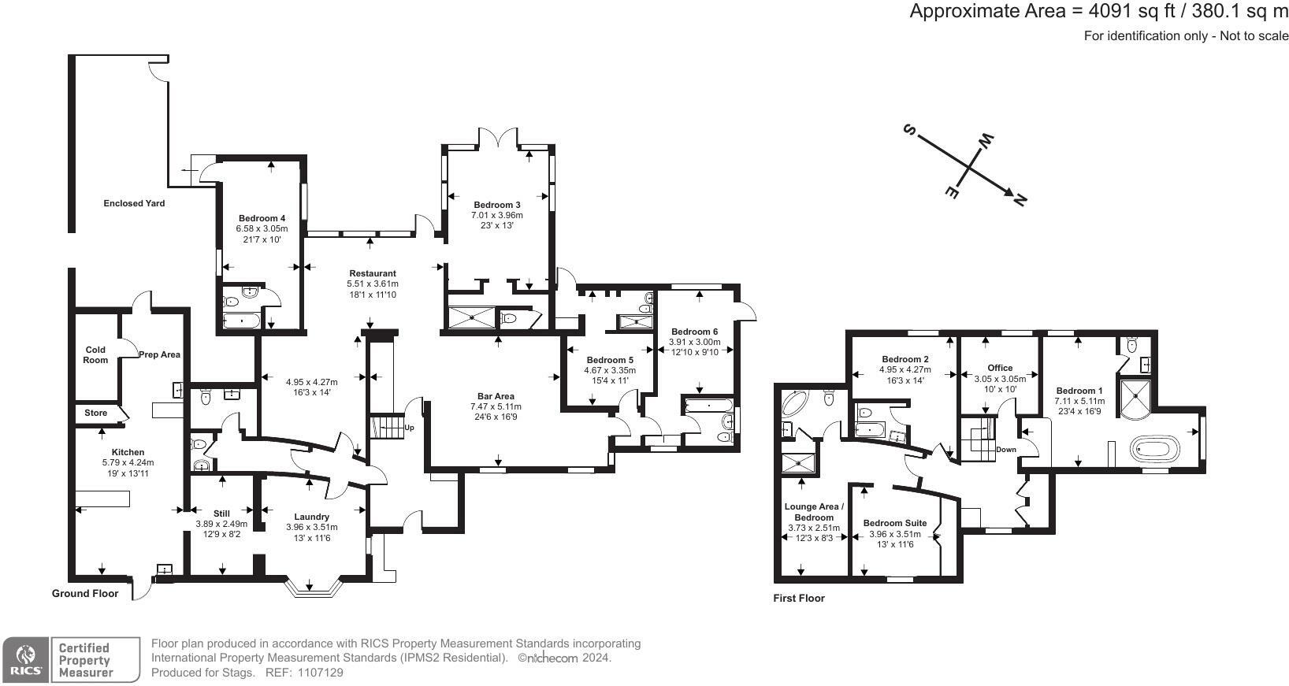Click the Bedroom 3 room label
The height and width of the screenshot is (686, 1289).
[496, 205]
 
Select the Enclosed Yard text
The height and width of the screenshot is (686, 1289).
[134, 203]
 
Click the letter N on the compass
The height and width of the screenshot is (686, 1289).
[1020, 201]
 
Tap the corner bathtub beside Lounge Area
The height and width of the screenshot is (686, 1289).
[794, 405]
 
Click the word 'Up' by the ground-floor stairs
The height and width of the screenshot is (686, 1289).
[409, 428]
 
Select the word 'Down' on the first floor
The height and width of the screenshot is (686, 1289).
[1006, 450]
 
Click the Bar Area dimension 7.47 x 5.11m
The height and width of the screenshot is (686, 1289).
[496, 406]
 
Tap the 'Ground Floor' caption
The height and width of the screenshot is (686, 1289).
[85, 593]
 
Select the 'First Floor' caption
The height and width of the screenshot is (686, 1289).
[799, 598]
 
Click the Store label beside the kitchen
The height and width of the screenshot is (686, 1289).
[95, 413]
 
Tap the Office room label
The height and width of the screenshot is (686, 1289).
[1000, 368]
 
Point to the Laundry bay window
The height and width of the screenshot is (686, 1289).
[314, 588]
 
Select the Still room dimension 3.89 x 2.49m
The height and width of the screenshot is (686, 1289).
[221, 524]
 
